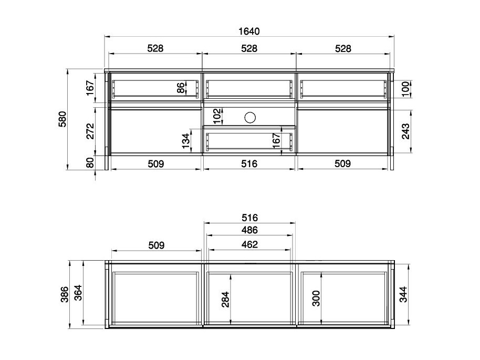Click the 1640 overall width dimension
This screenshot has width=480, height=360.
pyautogui.click(x=249, y=31)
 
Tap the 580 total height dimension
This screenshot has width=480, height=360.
pyautogui.click(x=62, y=119)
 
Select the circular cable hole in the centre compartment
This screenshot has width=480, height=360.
pyautogui.click(x=250, y=117)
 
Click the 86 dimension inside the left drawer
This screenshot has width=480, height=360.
pyautogui.click(x=181, y=88)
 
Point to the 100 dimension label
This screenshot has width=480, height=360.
pyautogui.click(x=405, y=89)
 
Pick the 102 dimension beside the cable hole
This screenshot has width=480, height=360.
pyautogui.click(x=217, y=116)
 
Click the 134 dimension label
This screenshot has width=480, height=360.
pyautogui.click(x=186, y=141)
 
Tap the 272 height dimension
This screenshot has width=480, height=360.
pyautogui.click(x=90, y=131)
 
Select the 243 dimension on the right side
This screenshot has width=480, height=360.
pyautogui.click(x=405, y=131)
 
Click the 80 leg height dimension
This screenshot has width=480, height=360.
pyautogui.click(x=90, y=163)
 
